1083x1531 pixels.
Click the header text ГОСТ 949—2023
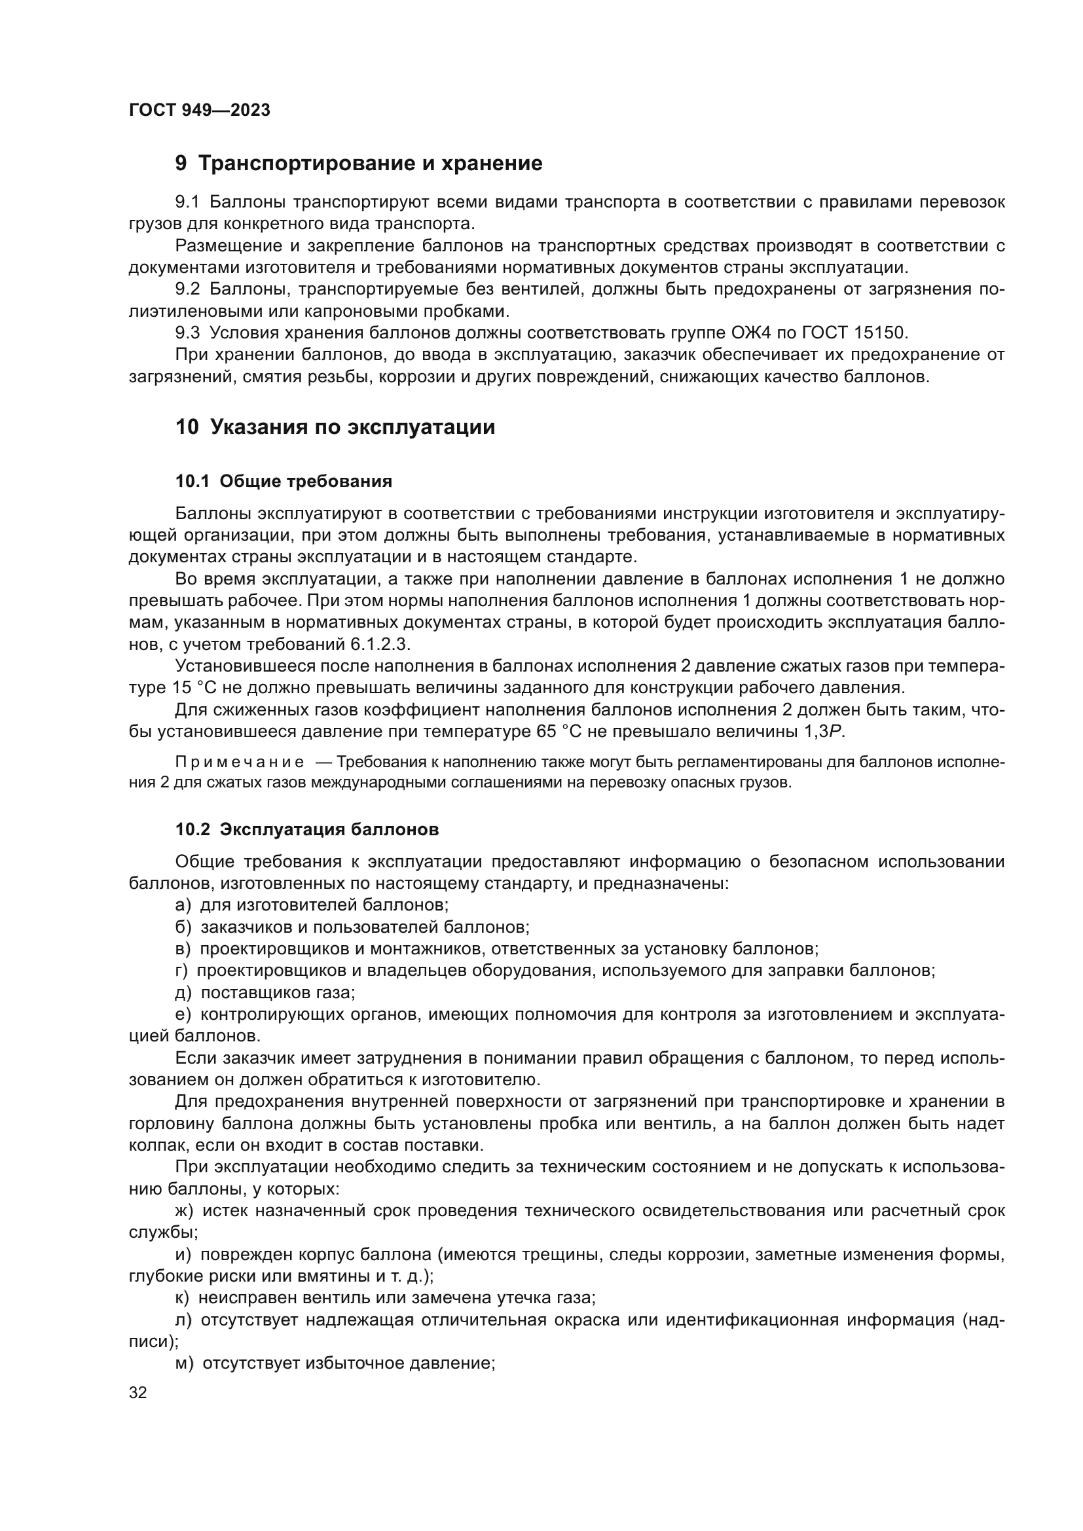200,111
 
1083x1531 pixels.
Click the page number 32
138,1392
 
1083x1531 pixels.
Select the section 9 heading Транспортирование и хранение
359,164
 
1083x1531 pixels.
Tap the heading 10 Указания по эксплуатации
335,427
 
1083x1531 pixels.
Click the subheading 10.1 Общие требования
284,481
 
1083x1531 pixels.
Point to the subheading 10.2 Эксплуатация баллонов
306,829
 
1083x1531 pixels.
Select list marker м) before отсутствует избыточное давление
184,1363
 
